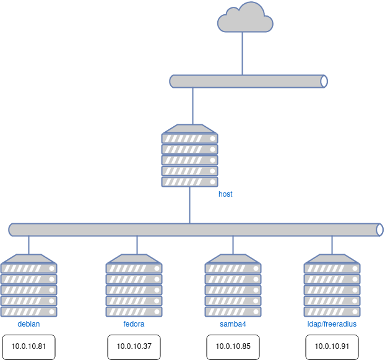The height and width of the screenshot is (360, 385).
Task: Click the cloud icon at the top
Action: click(x=245, y=18)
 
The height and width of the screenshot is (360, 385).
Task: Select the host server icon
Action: click(x=189, y=159)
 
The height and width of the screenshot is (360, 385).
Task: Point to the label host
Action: click(x=225, y=194)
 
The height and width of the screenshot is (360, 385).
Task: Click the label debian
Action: click(x=28, y=324)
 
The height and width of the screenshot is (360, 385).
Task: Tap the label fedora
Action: click(x=134, y=324)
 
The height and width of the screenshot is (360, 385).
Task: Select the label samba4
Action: click(x=233, y=324)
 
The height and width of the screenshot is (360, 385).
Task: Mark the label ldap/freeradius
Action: click(x=332, y=324)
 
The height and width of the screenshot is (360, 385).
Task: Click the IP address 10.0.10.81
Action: click(x=28, y=346)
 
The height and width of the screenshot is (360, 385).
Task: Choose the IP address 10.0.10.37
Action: click(x=134, y=346)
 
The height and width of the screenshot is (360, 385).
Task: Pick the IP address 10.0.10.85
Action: click(x=233, y=346)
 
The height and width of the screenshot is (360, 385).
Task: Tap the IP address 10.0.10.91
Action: click(x=332, y=346)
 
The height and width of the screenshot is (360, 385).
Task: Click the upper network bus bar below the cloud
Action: click(x=248, y=81)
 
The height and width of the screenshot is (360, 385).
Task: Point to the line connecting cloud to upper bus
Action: click(x=242, y=54)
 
